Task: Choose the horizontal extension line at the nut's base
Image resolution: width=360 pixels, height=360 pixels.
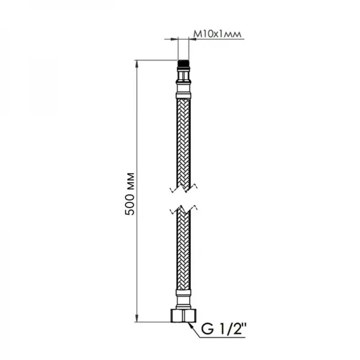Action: pyautogui.click(x=156, y=323)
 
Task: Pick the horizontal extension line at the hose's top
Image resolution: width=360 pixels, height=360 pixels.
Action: pyautogui.click(x=156, y=60)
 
